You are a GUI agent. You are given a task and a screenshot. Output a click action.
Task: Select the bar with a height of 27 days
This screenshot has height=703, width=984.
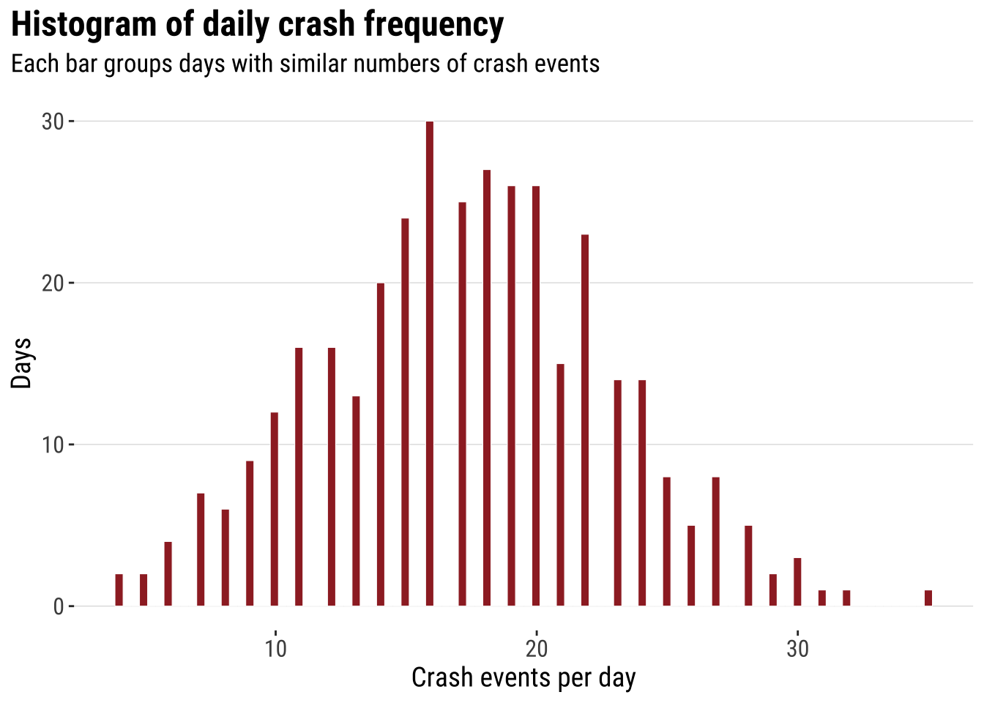click(x=487, y=388)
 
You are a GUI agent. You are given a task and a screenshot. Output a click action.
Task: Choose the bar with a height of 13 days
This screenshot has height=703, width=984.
click(x=356, y=501)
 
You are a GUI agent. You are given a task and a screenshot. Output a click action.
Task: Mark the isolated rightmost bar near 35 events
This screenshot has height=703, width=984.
click(x=928, y=598)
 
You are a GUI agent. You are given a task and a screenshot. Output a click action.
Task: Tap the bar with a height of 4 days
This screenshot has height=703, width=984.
click(x=168, y=574)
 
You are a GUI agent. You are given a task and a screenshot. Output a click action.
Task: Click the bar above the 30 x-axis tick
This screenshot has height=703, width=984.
click(x=797, y=582)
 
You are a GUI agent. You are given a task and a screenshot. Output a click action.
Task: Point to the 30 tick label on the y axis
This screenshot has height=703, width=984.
click(x=53, y=122)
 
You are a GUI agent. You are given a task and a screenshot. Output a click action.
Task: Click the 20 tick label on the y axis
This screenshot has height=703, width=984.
click(x=53, y=283)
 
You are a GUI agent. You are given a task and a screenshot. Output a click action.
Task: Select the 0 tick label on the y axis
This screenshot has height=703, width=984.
click(x=59, y=607)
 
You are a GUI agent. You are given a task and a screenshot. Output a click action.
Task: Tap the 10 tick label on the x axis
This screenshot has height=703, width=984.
click(x=275, y=649)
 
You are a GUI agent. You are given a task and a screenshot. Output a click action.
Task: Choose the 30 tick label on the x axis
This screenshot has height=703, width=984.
click(x=797, y=649)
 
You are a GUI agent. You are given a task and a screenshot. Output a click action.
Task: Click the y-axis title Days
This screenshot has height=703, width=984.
click(x=22, y=363)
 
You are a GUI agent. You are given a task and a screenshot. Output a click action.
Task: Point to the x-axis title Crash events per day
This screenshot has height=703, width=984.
click(x=523, y=678)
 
